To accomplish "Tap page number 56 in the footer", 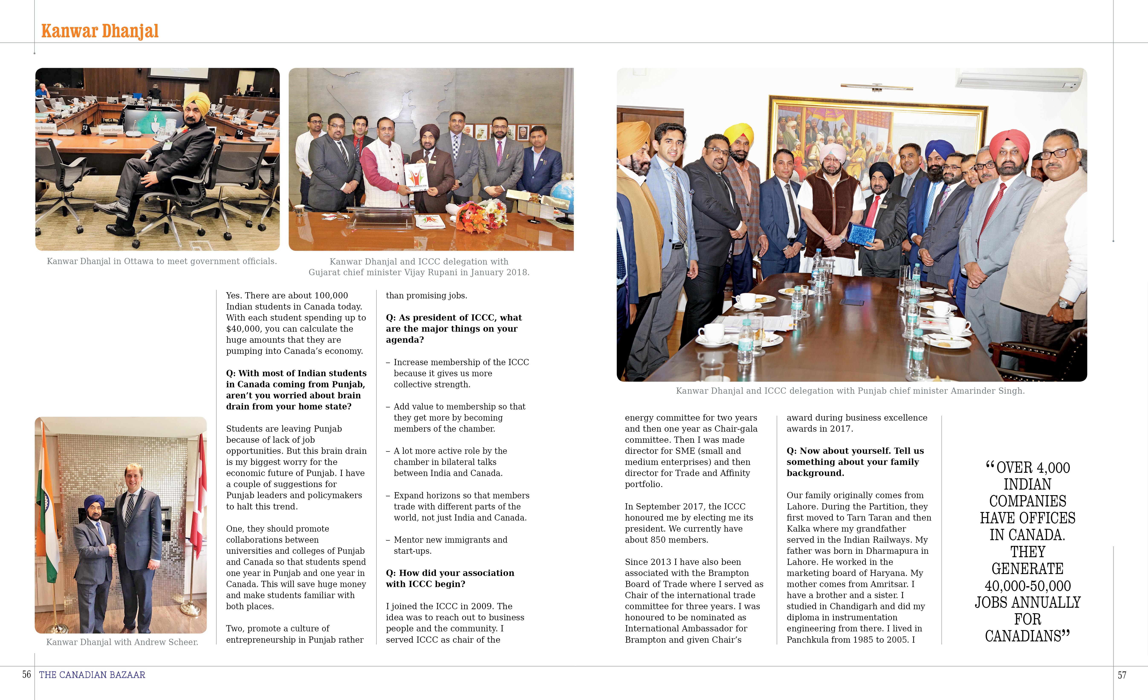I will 27,674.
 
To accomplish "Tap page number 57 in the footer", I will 1122,675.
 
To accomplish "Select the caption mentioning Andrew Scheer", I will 122,642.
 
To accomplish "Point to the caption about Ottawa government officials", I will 162,262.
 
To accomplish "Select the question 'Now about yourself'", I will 855,462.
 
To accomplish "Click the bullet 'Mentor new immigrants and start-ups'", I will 450,545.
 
